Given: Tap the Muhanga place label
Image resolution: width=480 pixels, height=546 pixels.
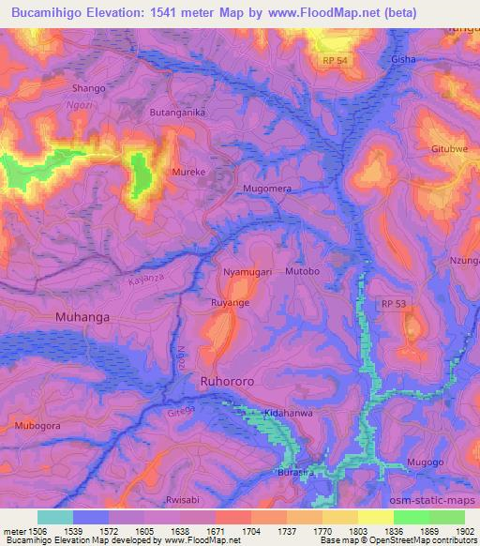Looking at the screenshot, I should (82, 317).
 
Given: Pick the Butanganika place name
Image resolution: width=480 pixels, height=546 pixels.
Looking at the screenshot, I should (177, 112).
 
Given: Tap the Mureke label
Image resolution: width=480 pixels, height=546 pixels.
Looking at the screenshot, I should (188, 173).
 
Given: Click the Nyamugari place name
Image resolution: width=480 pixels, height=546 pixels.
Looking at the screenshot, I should (247, 271).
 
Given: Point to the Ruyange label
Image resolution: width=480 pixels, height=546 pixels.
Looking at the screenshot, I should (230, 304).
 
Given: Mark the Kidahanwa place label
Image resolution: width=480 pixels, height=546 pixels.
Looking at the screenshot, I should (290, 414).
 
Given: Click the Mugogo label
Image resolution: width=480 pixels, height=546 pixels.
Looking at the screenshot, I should (426, 463).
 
